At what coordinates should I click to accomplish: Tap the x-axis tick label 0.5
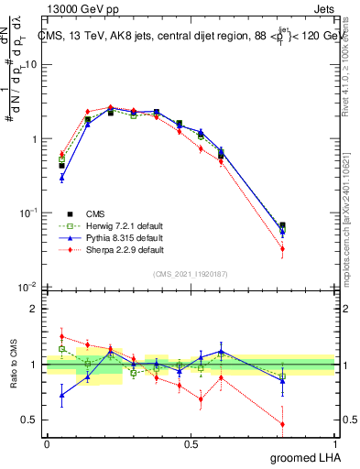(x=191, y=444)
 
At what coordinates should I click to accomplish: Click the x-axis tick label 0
(x=47, y=444)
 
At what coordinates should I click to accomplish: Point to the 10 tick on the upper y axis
(x=33, y=65)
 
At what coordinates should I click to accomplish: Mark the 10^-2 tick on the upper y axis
(x=29, y=288)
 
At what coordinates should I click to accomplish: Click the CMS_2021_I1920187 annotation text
(x=191, y=272)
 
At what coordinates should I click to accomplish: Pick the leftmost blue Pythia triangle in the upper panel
(x=61, y=178)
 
